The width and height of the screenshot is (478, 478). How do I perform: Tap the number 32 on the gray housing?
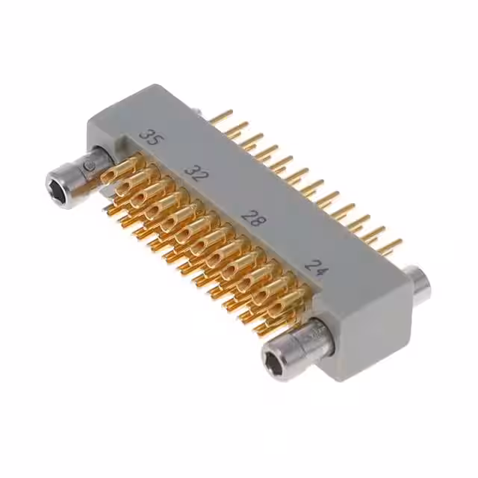coord(196,176)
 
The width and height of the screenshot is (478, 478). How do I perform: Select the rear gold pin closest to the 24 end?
coord(391,245)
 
